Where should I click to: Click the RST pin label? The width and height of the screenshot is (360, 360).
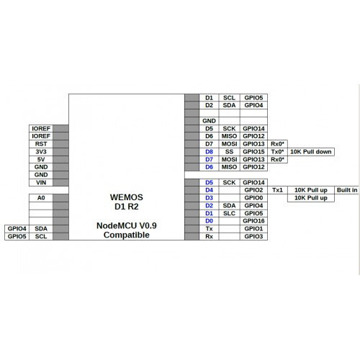pyautogui.click(x=41, y=144)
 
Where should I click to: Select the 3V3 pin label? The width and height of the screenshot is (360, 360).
pyautogui.click(x=41, y=152)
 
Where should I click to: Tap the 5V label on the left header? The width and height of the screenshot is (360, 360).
pyautogui.click(x=41, y=159)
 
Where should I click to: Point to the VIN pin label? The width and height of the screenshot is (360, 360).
pyautogui.click(x=41, y=182)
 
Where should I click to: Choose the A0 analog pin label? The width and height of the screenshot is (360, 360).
pyautogui.click(x=41, y=198)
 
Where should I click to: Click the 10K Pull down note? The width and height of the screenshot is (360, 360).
pyautogui.click(x=311, y=152)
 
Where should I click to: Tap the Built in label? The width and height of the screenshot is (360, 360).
pyautogui.click(x=347, y=190)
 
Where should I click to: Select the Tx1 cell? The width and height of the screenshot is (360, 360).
pyautogui.click(x=277, y=190)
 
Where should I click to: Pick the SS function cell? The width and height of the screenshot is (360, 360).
pyautogui.click(x=229, y=152)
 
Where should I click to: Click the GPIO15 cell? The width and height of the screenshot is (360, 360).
pyautogui.click(x=253, y=152)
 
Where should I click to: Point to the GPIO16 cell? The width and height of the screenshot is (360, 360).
pyautogui.click(x=253, y=221)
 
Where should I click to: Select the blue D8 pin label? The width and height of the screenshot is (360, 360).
pyautogui.click(x=209, y=152)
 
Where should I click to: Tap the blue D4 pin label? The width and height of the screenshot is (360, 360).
pyautogui.click(x=209, y=190)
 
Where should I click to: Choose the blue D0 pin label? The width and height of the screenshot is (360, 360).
pyautogui.click(x=209, y=221)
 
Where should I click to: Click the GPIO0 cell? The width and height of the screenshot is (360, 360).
pyautogui.click(x=253, y=198)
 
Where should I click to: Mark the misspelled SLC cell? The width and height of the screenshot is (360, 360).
pyautogui.click(x=229, y=213)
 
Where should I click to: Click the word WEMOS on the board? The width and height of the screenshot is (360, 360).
pyautogui.click(x=127, y=197)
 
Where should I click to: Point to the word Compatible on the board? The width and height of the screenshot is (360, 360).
pyautogui.click(x=127, y=235)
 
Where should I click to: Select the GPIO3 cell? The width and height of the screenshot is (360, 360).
pyautogui.click(x=253, y=236)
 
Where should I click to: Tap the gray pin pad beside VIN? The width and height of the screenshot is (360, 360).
pyautogui.click(x=60, y=182)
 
